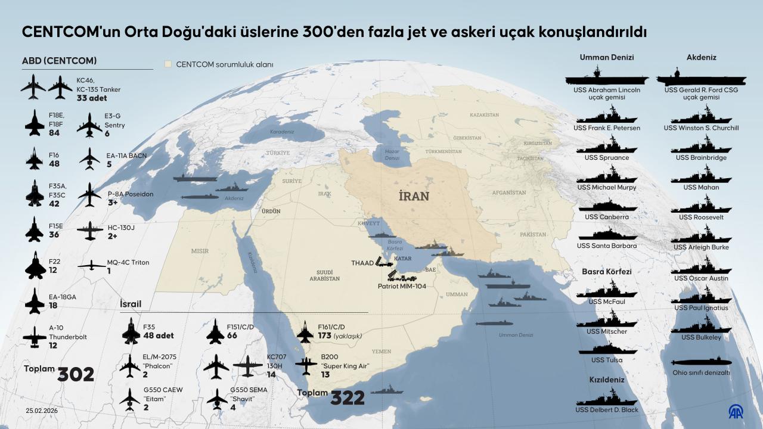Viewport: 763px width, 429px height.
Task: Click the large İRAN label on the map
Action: tap(414, 196)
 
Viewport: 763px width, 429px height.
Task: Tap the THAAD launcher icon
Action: tap(384, 262)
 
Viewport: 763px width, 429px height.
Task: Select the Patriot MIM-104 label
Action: tap(403, 286)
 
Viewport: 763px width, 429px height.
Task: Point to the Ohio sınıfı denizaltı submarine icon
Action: tap(701, 362)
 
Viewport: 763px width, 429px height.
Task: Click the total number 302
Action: tap(76, 374)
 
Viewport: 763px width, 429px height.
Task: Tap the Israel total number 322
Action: tap(348, 398)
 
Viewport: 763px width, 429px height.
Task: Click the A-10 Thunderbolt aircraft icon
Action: tap(35, 337)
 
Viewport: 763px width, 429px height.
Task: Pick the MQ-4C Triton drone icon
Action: tap(91, 265)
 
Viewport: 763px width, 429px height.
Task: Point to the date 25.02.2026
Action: tap(42, 411)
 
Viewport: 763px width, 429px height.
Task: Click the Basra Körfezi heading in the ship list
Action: tap(606, 272)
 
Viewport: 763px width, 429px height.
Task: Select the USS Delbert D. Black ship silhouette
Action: tap(606, 397)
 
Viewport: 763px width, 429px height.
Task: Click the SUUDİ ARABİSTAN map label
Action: tap(325, 275)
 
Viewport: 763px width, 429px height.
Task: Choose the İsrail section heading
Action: tap(131, 304)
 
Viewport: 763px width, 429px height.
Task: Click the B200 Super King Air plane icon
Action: tap(306, 365)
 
